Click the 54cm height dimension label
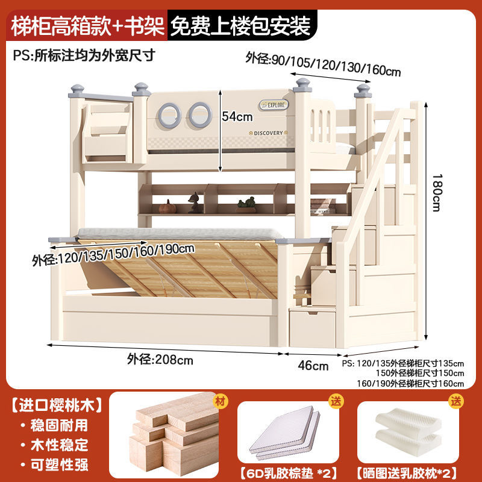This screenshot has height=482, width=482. pyautogui.click(x=236, y=116)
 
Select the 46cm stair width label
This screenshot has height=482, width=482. pyautogui.click(x=314, y=365)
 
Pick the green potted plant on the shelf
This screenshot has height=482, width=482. pyautogui.click(x=245, y=204)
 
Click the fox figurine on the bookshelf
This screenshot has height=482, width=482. pyautogui.click(x=195, y=204)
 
